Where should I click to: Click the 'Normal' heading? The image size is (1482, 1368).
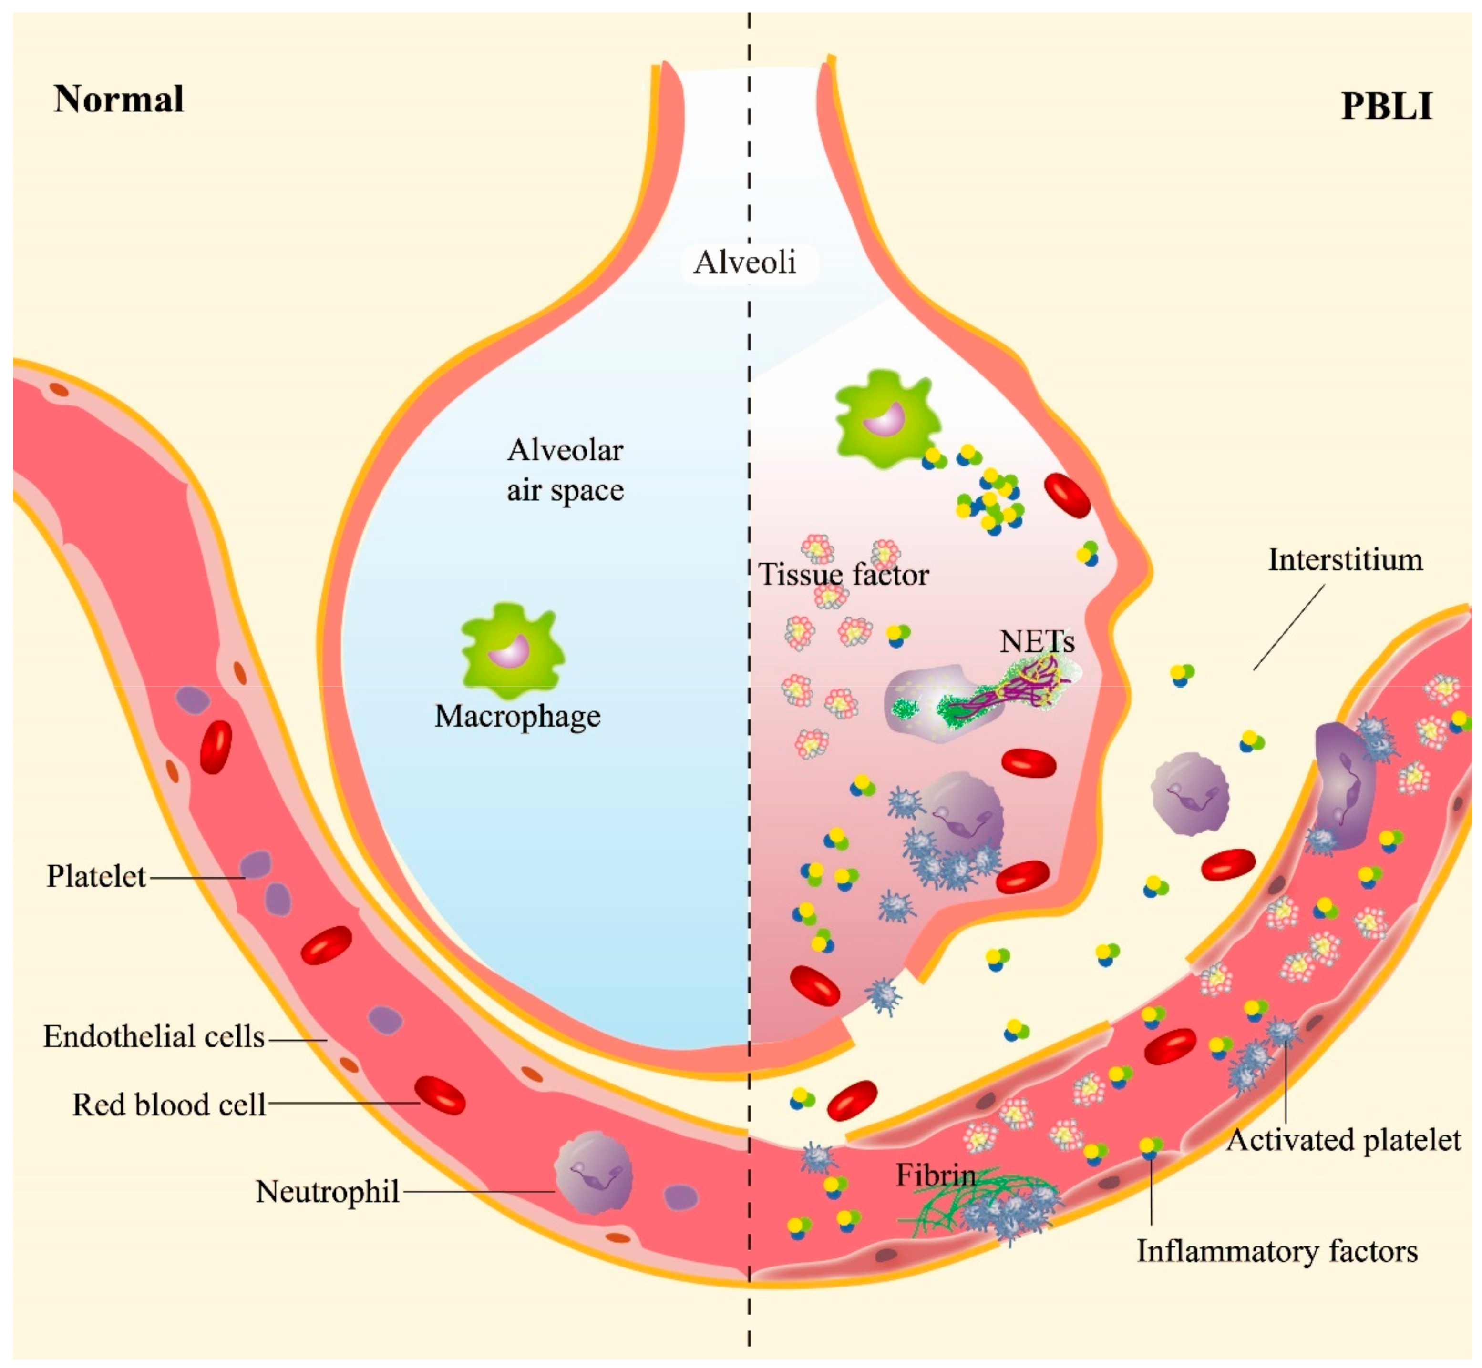[x=119, y=99]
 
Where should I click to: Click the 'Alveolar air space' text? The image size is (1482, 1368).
[x=565, y=470]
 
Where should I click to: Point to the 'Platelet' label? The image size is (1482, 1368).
[x=96, y=876]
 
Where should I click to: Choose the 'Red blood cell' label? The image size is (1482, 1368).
[x=169, y=1105]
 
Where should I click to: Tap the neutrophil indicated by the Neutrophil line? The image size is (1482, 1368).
[x=593, y=1173]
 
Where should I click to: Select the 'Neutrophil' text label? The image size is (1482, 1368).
[x=328, y=1192]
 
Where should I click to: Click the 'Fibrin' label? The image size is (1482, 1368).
[x=936, y=1175]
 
